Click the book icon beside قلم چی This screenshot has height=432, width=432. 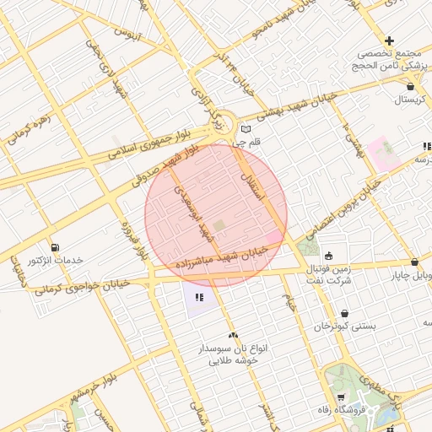pyautogui.click(x=246, y=130)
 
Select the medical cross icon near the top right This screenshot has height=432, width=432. pyautogui.click(x=389, y=40)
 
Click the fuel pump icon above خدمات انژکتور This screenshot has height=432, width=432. pyautogui.click(x=56, y=247)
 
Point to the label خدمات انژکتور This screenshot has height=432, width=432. pyautogui.click(x=57, y=261)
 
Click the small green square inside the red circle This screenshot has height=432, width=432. pyautogui.click(x=219, y=225)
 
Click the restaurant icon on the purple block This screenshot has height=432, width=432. pyautogui.click(x=199, y=297)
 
